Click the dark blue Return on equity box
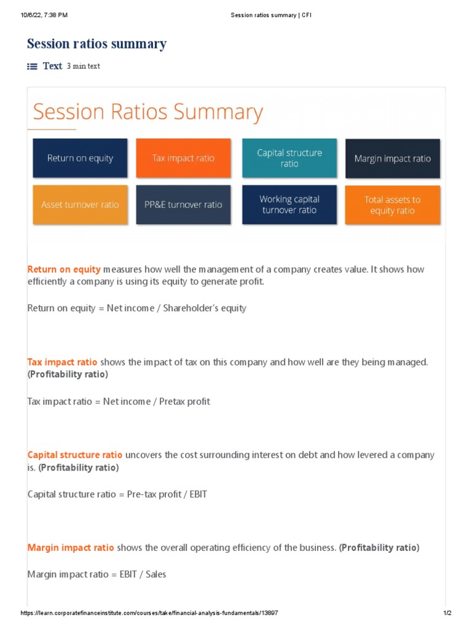click(x=80, y=158)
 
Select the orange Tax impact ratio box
click(x=183, y=158)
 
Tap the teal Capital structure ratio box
click(x=289, y=158)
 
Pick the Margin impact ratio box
click(x=392, y=158)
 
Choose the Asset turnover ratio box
click(x=80, y=205)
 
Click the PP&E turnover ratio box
click(x=183, y=205)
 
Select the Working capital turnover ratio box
click(x=289, y=205)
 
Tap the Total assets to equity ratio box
click(x=392, y=205)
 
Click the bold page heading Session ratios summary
click(x=96, y=44)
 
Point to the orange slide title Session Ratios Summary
click(x=147, y=112)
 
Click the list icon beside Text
click(x=33, y=66)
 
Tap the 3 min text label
click(x=83, y=66)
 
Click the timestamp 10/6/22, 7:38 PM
click(x=44, y=15)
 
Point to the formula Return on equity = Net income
click(x=136, y=308)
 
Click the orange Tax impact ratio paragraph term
click(x=62, y=362)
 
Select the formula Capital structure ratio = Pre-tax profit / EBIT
click(x=117, y=494)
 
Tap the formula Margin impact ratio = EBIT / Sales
click(x=96, y=574)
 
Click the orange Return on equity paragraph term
click(x=64, y=269)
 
